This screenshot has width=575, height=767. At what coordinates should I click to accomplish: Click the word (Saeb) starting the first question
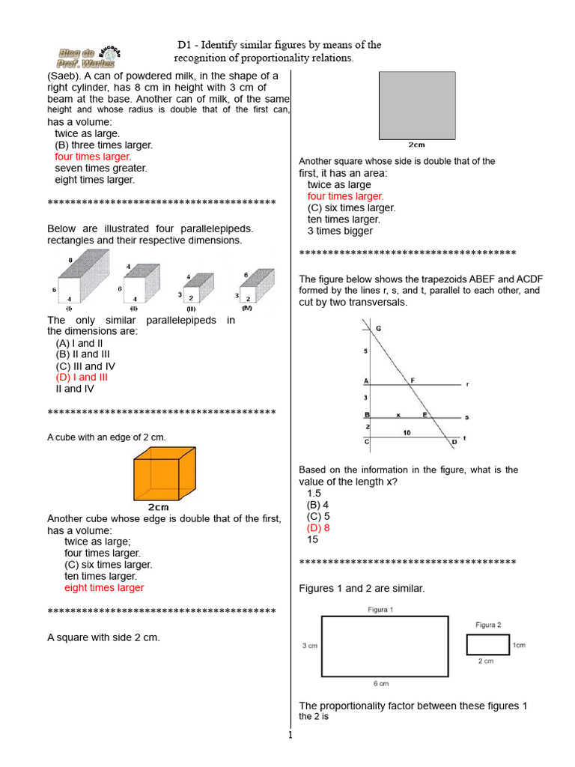pyautogui.click(x=64, y=76)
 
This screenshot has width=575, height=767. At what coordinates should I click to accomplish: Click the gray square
pyautogui.click(x=417, y=105)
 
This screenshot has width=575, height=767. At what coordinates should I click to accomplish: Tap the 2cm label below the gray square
pyautogui.click(x=417, y=145)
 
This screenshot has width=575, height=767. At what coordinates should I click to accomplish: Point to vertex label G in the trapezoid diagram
pyautogui.click(x=378, y=329)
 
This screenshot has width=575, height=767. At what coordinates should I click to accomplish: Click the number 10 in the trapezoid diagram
pyautogui.click(x=407, y=432)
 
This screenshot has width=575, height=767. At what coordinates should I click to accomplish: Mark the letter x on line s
pyautogui.click(x=398, y=413)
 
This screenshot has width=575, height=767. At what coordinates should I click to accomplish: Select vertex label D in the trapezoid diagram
pyautogui.click(x=454, y=442)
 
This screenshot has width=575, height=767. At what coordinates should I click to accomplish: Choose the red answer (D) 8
pyautogui.click(x=318, y=527)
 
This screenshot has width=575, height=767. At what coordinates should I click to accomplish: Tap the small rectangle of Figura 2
pyautogui.click(x=486, y=644)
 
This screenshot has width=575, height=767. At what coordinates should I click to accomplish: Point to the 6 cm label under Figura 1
pyautogui.click(x=380, y=683)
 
